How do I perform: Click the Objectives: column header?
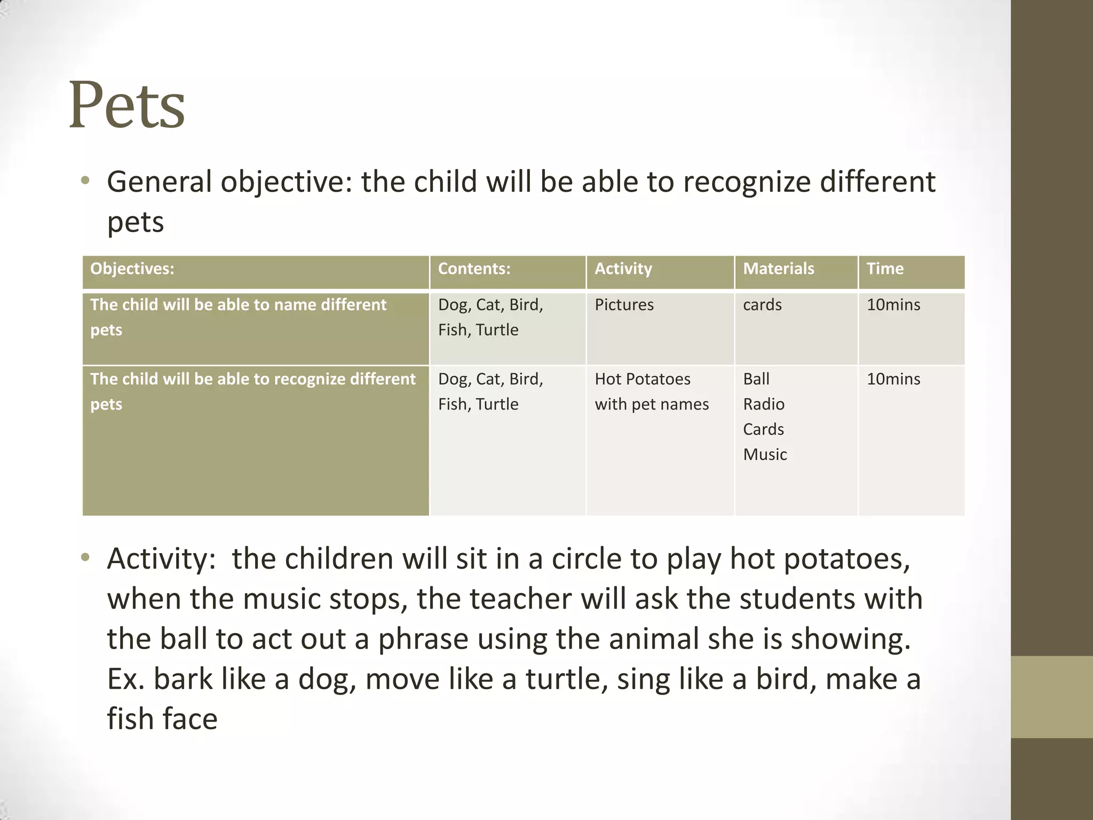click(132, 269)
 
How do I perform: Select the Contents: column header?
click(474, 269)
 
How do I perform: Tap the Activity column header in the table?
click(623, 269)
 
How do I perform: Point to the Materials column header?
click(778, 269)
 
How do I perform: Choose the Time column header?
click(885, 269)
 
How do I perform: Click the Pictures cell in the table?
click(624, 305)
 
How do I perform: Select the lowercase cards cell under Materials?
click(762, 305)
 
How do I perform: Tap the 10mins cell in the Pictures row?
click(893, 305)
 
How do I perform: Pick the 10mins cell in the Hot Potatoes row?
click(893, 379)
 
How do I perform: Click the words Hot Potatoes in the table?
click(643, 379)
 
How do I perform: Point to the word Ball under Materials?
click(756, 379)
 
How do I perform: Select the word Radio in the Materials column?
click(764, 404)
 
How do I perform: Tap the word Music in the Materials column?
click(765, 454)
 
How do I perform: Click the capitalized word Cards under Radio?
click(763, 429)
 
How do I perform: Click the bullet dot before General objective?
click(85, 181)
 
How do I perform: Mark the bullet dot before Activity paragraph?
click(85, 558)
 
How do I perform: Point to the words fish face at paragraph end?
click(162, 719)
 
